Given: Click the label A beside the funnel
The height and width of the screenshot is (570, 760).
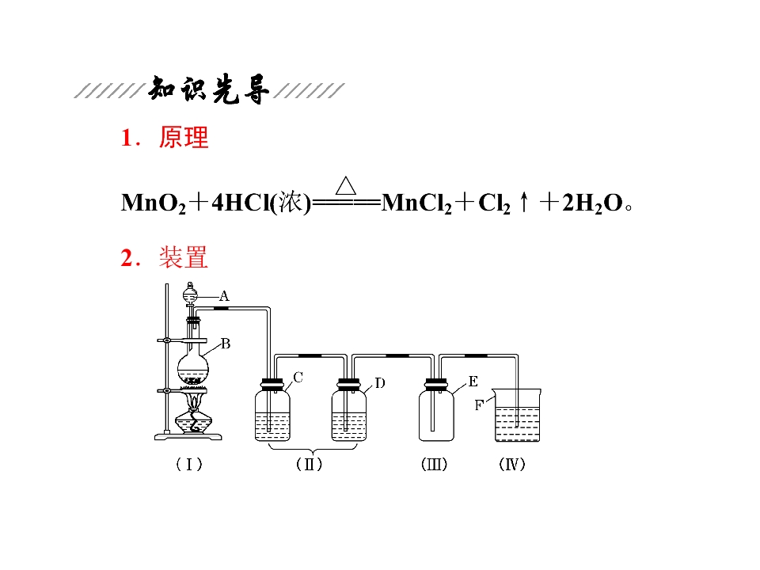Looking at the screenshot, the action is [x=224, y=295].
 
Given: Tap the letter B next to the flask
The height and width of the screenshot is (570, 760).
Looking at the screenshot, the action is [x=226, y=344].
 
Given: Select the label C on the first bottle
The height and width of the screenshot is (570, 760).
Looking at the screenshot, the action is [x=298, y=377].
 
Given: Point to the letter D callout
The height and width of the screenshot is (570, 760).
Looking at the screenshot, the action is [x=380, y=383].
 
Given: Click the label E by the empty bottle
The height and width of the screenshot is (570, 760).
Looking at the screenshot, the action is [x=473, y=382].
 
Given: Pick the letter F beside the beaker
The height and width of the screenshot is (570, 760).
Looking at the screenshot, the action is [x=479, y=405].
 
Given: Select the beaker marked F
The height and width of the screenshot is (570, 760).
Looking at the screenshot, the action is [x=517, y=415].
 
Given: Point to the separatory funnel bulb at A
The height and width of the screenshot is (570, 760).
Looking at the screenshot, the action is [x=190, y=294].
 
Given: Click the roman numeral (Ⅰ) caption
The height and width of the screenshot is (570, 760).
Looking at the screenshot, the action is [x=189, y=465].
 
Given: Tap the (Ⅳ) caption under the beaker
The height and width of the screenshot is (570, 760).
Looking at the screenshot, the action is [x=512, y=465].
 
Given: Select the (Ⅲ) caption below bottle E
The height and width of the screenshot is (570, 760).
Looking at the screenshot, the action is [x=435, y=465].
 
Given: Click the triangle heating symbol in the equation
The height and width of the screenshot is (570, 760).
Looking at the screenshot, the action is [x=346, y=185].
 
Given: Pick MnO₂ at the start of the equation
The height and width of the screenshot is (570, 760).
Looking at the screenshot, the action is [x=153, y=203].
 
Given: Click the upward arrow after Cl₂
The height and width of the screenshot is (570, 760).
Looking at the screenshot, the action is [x=523, y=202].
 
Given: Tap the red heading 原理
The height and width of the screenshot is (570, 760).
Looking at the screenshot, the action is [x=184, y=137].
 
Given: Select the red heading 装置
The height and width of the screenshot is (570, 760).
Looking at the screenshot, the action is [x=184, y=257].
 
